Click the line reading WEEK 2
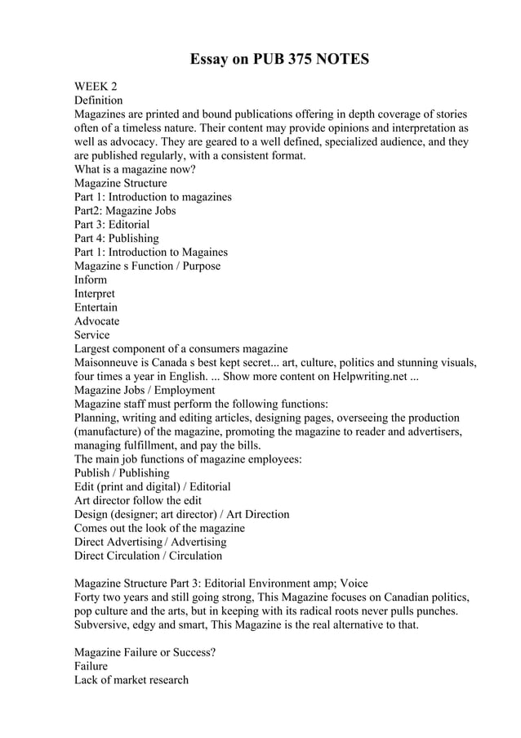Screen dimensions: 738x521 coord(96,86)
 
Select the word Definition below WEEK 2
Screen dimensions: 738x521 coord(99,100)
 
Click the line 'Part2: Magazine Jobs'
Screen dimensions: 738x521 coord(125,211)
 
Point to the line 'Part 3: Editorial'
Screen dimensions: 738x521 coord(112,224)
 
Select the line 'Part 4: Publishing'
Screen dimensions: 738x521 coord(117,238)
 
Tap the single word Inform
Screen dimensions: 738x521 coord(91,280)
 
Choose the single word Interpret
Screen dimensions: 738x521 coord(95,293)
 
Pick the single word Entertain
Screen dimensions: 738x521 coord(96,307)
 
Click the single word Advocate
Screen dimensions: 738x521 coord(97,321)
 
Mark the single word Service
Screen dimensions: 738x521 coord(92,335)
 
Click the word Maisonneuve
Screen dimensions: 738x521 coord(110,362)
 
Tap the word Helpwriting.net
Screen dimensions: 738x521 coord(376,376)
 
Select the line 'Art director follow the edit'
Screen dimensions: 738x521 coord(138,500)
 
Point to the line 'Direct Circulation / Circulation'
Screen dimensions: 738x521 coord(148,556)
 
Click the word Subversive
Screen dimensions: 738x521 coord(103,625)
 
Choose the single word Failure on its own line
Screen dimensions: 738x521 coord(91,666)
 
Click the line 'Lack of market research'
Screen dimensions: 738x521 coord(131,680)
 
